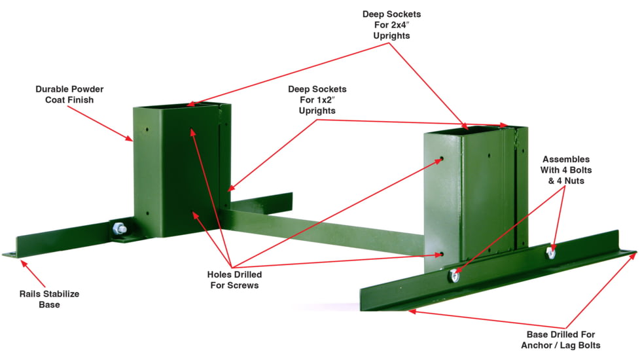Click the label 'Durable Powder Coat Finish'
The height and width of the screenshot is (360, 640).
click(69, 94)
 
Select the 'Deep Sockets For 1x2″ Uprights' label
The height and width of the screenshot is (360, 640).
click(317, 99)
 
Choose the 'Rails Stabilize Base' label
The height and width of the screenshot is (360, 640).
click(49, 299)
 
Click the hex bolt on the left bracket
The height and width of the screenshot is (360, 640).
click(119, 230)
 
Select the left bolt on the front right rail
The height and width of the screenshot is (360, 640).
click(453, 276)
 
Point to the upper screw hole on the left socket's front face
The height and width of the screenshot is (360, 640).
click(192, 130)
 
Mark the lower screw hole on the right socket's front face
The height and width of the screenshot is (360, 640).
click(442, 254)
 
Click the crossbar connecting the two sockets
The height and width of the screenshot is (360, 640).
click(327, 226)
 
